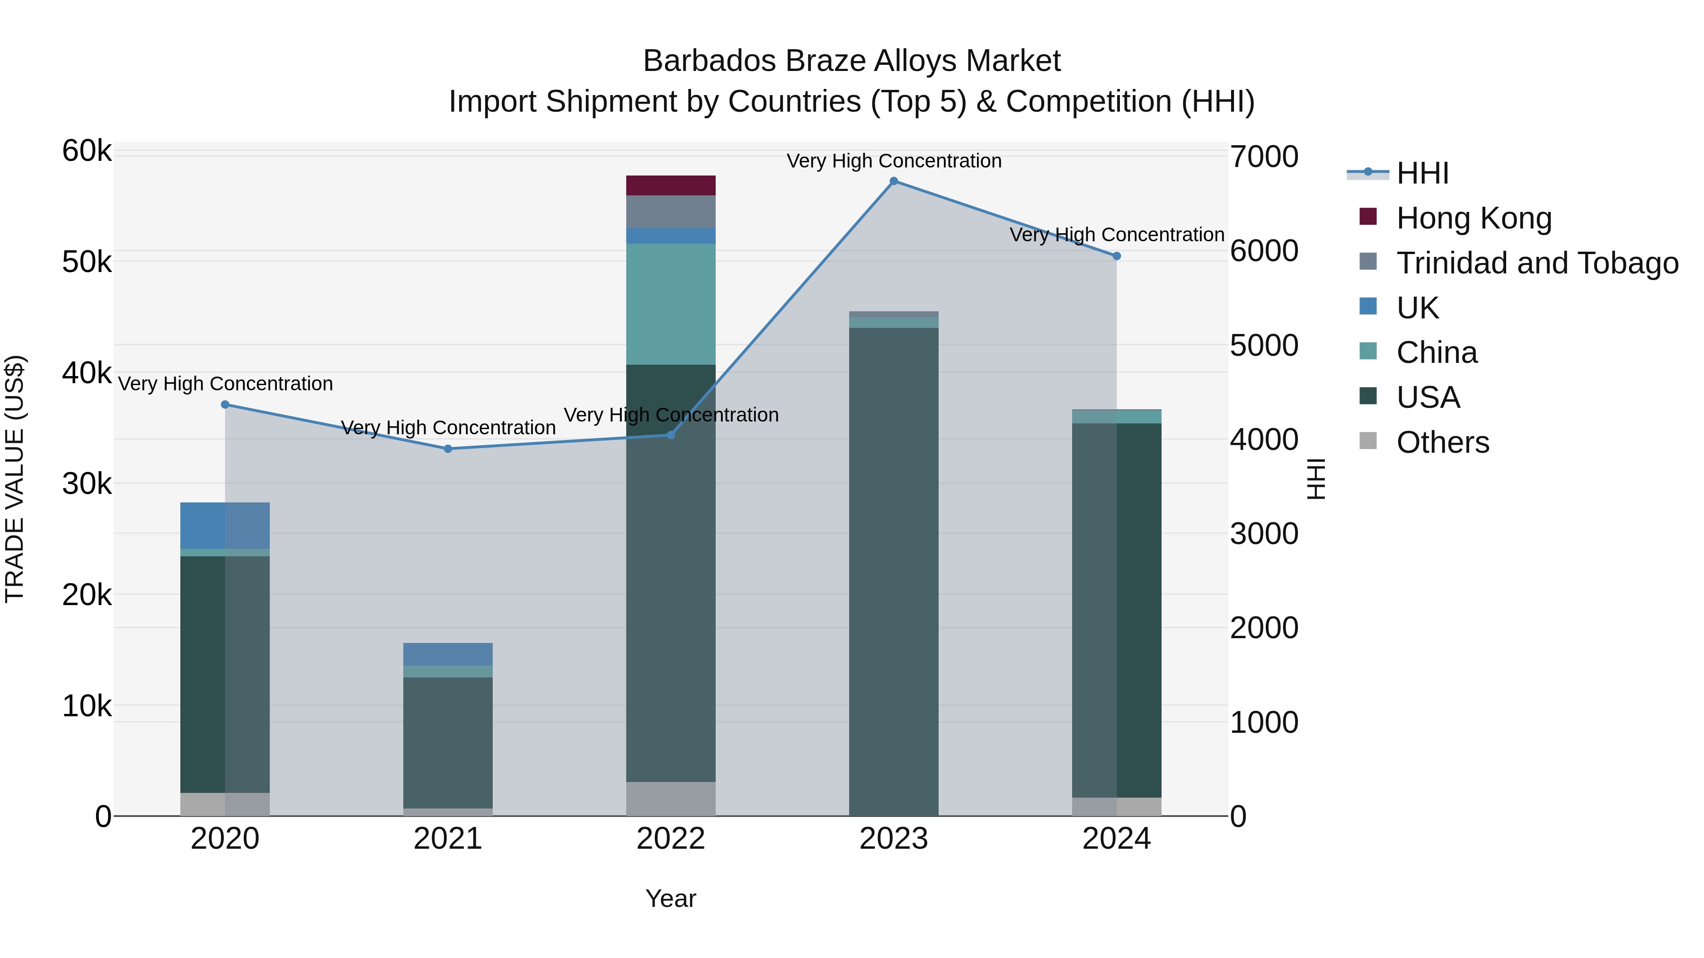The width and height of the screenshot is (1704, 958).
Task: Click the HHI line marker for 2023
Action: pos(894,181)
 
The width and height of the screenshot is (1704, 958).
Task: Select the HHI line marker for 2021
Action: pos(448,449)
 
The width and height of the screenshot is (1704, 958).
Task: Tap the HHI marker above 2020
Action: pos(225,404)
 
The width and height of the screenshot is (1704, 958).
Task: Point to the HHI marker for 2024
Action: pos(1117,256)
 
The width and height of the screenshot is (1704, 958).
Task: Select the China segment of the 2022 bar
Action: pos(671,304)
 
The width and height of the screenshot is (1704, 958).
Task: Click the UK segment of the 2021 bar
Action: pos(448,654)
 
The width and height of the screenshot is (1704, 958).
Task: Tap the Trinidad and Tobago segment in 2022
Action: pos(671,211)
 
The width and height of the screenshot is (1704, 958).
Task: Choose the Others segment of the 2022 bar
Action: pos(671,799)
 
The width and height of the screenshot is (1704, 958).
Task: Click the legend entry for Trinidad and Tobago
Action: pos(1536,263)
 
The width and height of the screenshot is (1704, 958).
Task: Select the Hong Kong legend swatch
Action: pos(1368,217)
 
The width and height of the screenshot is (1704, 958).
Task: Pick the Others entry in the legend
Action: pos(1442,442)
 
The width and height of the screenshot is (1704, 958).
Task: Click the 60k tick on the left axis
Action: pos(87,151)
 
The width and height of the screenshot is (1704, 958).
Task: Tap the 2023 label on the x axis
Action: pos(894,839)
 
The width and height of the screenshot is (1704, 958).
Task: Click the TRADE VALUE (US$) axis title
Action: pos(15,479)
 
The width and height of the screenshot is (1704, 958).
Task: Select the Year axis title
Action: pos(671,898)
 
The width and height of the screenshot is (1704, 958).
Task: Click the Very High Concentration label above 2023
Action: pos(894,161)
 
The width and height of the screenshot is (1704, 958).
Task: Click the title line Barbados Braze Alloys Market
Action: pos(852,61)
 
